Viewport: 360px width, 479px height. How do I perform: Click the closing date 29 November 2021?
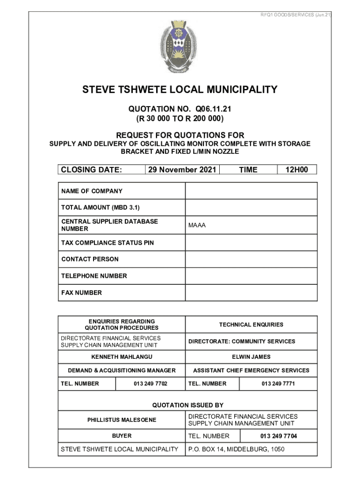click(182, 170)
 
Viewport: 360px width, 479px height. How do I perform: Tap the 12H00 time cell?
click(297, 170)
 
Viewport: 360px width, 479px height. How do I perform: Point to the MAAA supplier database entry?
click(197, 225)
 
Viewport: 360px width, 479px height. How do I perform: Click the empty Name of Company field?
click(251, 191)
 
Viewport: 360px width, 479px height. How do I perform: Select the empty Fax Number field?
click(251, 293)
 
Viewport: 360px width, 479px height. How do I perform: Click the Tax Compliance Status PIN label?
click(108, 243)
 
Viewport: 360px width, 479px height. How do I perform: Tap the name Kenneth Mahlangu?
click(122, 357)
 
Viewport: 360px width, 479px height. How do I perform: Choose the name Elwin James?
click(251, 357)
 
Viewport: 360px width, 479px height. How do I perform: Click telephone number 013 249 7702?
click(150, 384)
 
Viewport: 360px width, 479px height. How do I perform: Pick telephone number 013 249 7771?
click(278, 384)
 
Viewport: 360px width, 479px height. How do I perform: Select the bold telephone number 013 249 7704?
click(279, 436)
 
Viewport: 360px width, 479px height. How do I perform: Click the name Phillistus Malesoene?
click(122, 420)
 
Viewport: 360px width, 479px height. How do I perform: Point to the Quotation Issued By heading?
click(188, 405)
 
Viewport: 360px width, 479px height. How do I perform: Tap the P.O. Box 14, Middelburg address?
click(236, 450)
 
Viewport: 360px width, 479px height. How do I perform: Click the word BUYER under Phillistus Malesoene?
click(122, 436)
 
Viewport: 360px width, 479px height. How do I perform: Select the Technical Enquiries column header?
click(251, 325)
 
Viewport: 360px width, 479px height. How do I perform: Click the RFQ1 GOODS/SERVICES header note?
click(295, 15)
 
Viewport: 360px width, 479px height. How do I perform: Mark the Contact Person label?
click(90, 259)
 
